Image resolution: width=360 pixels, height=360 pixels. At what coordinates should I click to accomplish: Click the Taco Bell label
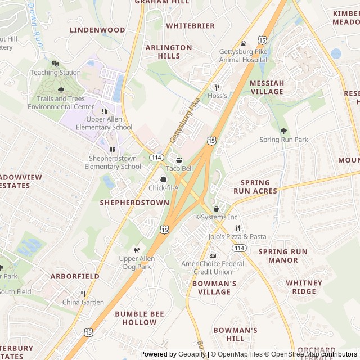(179, 168)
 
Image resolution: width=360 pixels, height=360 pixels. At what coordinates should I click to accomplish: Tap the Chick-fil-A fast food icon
(163, 179)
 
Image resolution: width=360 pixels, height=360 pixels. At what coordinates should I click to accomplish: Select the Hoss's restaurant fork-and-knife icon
(217, 87)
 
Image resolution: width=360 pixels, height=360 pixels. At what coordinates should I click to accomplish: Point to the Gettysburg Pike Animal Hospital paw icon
(243, 43)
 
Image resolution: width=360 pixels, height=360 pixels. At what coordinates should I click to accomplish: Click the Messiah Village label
(267, 87)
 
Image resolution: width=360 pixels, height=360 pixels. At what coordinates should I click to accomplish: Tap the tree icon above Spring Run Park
(283, 130)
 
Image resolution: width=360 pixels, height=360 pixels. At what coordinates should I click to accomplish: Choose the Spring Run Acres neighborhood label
(259, 187)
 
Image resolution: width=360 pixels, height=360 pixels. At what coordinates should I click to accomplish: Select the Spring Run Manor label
(283, 256)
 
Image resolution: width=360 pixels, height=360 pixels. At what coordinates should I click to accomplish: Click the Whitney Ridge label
(304, 287)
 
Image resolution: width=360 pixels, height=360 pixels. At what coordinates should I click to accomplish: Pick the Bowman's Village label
(214, 287)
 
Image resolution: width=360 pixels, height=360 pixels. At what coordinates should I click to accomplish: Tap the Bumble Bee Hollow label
(136, 318)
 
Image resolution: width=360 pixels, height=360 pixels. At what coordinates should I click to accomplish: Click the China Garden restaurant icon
(83, 294)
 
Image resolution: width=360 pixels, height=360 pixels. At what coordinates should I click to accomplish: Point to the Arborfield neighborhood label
(75, 276)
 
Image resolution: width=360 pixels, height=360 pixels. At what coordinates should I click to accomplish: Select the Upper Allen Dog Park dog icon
(136, 250)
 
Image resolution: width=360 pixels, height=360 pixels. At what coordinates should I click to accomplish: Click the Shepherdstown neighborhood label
(134, 202)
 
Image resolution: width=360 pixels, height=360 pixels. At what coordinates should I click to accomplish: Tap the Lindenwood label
(97, 29)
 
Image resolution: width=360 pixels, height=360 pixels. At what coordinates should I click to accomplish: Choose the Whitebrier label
(190, 26)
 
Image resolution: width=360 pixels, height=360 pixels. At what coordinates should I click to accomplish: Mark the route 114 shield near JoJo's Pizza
(240, 247)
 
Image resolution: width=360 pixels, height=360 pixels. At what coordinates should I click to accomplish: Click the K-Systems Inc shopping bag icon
(216, 209)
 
